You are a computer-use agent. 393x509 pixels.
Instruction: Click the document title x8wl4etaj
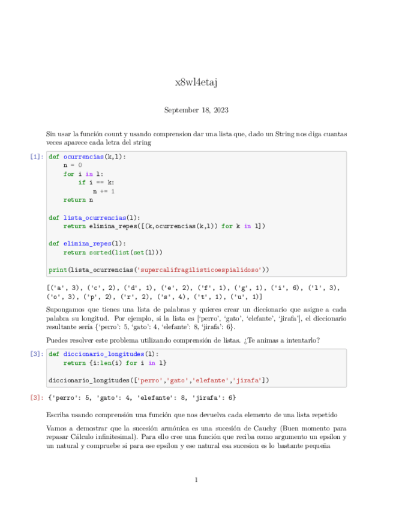(x=196, y=82)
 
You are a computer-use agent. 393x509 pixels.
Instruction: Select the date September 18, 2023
(x=196, y=110)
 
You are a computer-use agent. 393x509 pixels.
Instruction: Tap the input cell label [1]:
(x=37, y=157)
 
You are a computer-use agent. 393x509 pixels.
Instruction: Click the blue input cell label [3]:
(x=37, y=354)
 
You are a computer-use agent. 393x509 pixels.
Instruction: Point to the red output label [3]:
(x=37, y=397)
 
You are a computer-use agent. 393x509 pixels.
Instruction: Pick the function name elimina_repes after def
(x=87, y=244)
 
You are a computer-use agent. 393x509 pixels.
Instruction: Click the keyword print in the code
(x=58, y=270)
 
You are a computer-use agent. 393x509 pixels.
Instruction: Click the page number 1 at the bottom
(x=196, y=480)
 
